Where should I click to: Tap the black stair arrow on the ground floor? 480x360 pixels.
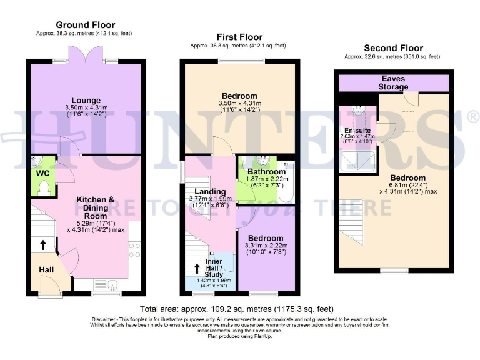click(x=42, y=245)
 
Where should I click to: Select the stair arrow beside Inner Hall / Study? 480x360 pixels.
click(x=197, y=269)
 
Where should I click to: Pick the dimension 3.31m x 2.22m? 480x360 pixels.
click(x=266, y=246)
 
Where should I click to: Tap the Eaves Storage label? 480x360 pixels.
click(x=393, y=82)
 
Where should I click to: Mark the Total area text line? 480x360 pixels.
click(x=237, y=309)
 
